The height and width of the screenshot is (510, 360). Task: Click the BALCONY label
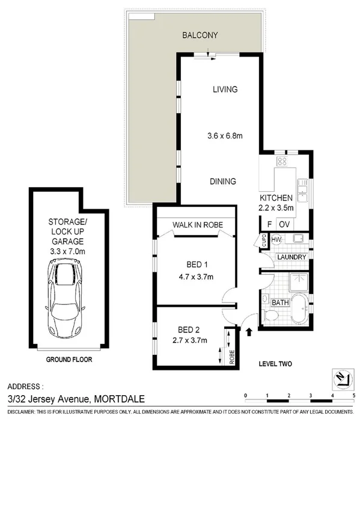[200, 35]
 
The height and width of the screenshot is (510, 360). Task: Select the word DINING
[222, 182]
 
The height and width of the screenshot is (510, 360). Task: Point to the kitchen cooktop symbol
[281, 161]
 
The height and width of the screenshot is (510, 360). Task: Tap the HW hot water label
[276, 239]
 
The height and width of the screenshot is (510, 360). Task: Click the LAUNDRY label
[291, 257]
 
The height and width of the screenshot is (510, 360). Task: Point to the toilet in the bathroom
[270, 315]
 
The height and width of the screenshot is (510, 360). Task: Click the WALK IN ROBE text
[198, 224]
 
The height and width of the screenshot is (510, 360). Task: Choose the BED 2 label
[189, 329]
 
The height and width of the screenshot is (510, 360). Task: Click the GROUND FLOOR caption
[69, 360]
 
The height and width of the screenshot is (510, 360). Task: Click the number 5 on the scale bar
[354, 395]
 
